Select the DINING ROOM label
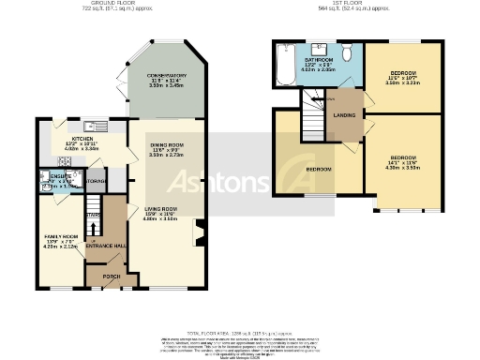[x=167, y=145]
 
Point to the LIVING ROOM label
[x=161, y=209]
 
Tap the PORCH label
[x=111, y=277]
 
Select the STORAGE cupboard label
[x=97, y=180]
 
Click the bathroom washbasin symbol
[x=323, y=47]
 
